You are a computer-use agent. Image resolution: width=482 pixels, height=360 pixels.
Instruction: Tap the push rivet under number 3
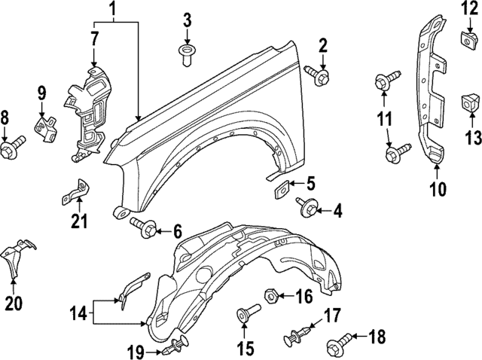coord(185,54)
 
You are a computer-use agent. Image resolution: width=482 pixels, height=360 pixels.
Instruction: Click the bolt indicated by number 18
coord(337,347)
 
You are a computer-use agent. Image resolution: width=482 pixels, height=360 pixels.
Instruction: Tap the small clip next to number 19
coord(177,348)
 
